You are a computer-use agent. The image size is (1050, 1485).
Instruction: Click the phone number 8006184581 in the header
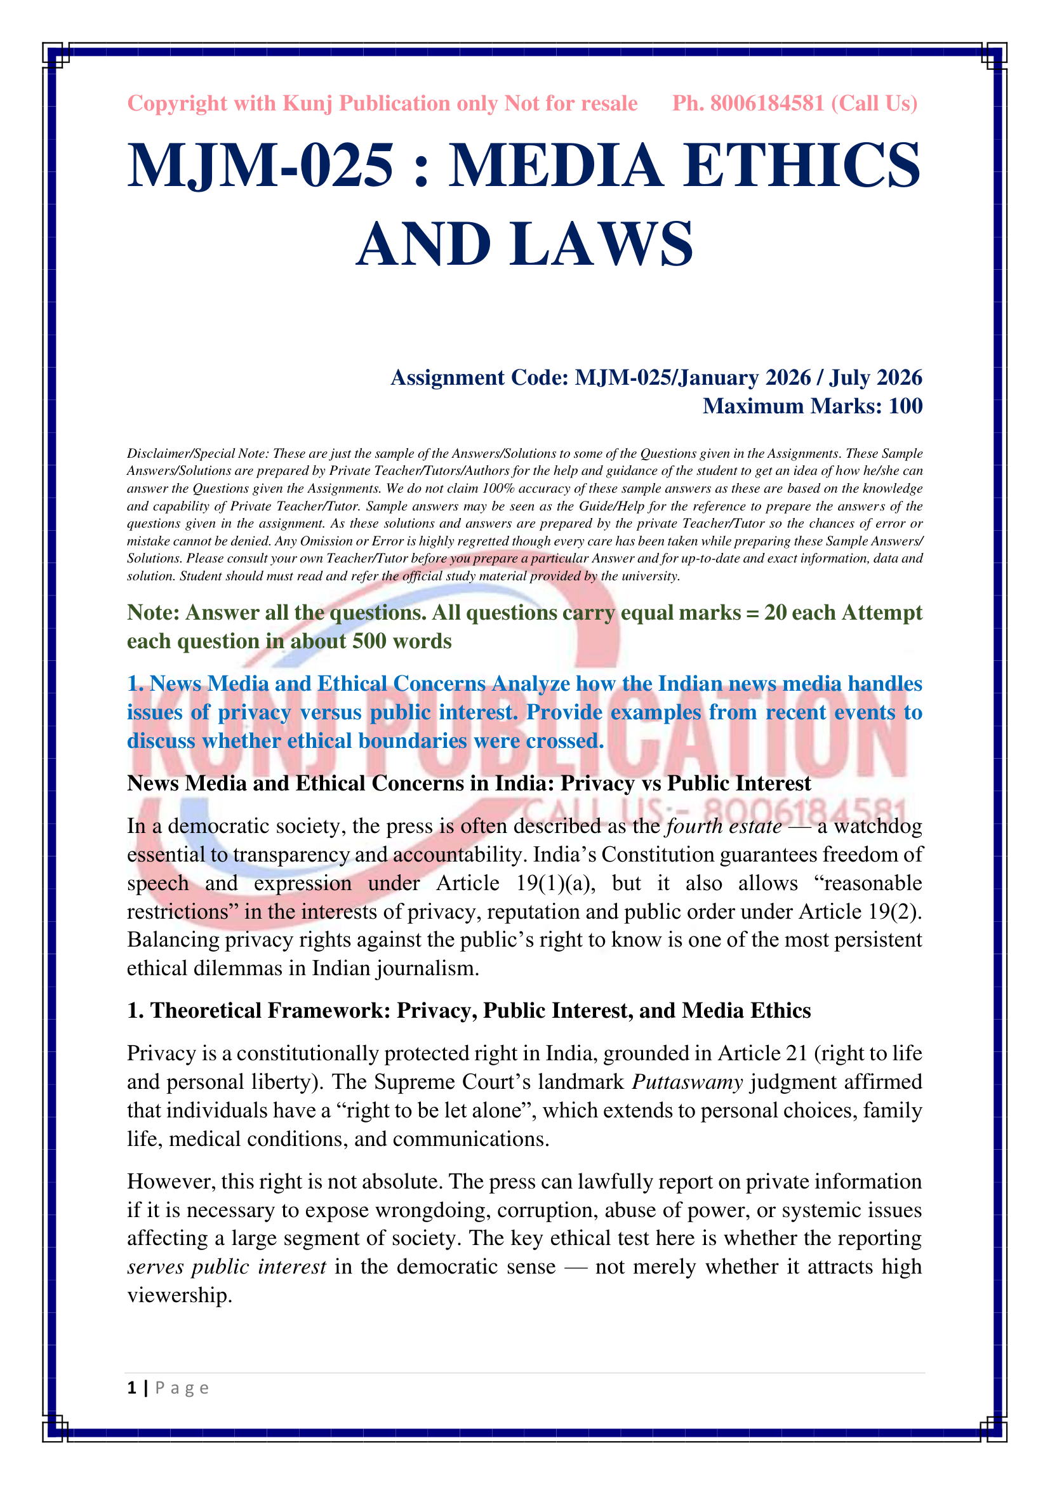point(767,103)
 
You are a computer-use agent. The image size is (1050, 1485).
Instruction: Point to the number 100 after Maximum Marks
point(905,406)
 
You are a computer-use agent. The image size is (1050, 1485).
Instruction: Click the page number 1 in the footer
point(132,1388)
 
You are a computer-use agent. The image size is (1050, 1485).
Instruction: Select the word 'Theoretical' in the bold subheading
point(205,1010)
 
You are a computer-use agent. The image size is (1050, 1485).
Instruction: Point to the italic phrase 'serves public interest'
point(226,1267)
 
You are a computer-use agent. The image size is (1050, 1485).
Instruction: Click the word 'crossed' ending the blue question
point(564,740)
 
